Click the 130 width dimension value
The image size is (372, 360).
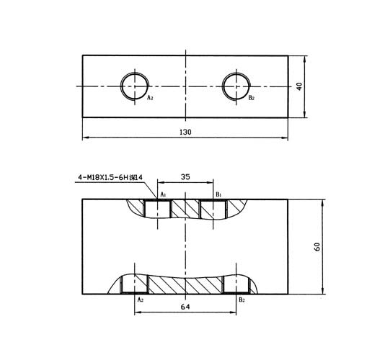coord(185,132)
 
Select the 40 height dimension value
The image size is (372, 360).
coord(299,86)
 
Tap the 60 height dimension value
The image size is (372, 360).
coord(317,247)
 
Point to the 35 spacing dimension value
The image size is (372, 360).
coord(185,177)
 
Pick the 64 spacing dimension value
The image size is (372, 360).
coord(185,307)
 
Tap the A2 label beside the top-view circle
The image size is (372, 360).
coord(150,97)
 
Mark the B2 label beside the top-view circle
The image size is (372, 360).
coord(252,98)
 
